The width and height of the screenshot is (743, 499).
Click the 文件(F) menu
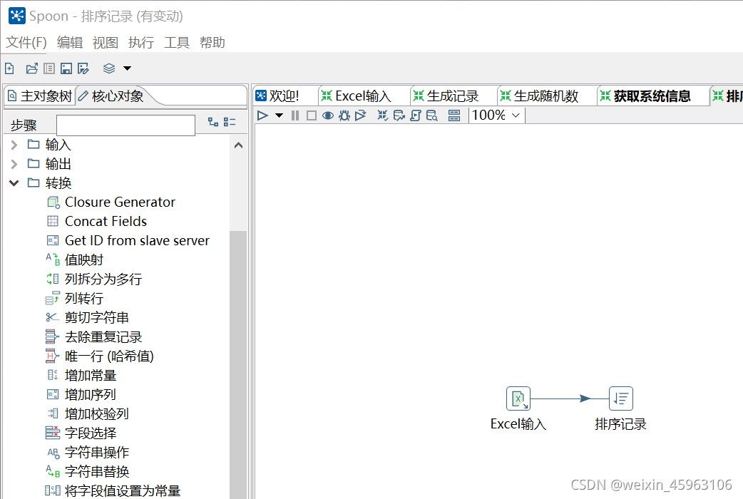(x=26, y=43)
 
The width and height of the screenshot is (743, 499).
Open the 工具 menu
(x=177, y=43)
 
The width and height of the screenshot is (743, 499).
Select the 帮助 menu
(x=212, y=43)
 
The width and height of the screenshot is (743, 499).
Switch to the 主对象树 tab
(x=40, y=96)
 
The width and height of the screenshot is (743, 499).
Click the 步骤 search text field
(x=125, y=125)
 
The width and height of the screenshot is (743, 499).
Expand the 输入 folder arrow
(x=14, y=145)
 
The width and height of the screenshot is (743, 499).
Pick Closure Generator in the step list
(x=120, y=202)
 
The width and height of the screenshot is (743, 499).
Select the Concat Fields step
(x=106, y=222)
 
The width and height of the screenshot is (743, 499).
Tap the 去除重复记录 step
(x=103, y=337)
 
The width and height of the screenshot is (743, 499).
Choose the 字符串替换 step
(x=97, y=472)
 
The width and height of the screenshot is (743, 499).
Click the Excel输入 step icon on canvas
(x=518, y=398)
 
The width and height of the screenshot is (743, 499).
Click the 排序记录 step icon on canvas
(x=621, y=398)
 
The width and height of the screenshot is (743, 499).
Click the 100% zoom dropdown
(x=497, y=115)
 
